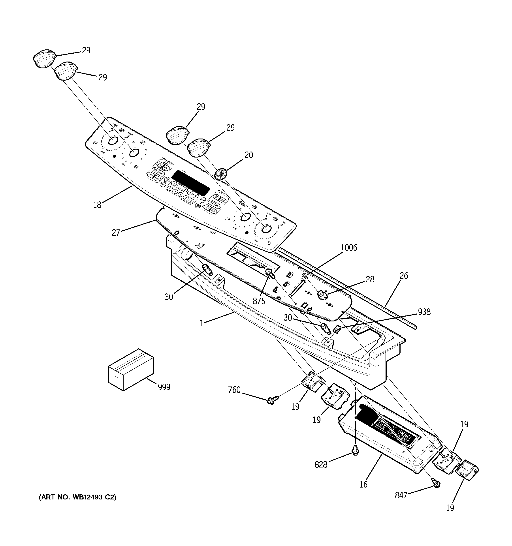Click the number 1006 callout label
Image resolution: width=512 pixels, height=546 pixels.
tap(348, 248)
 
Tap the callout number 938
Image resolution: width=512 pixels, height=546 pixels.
tap(424, 312)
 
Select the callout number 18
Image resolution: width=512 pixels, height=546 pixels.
tap(97, 205)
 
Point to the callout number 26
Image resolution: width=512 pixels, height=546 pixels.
tap(403, 276)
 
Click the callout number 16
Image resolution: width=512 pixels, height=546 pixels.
tap(363, 484)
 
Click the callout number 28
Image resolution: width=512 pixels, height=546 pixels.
tap(370, 279)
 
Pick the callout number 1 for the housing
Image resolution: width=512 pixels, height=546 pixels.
tap(201, 324)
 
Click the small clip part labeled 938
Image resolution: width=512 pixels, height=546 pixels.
tap(337, 329)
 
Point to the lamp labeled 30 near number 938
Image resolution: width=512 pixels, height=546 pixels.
tap(325, 328)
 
